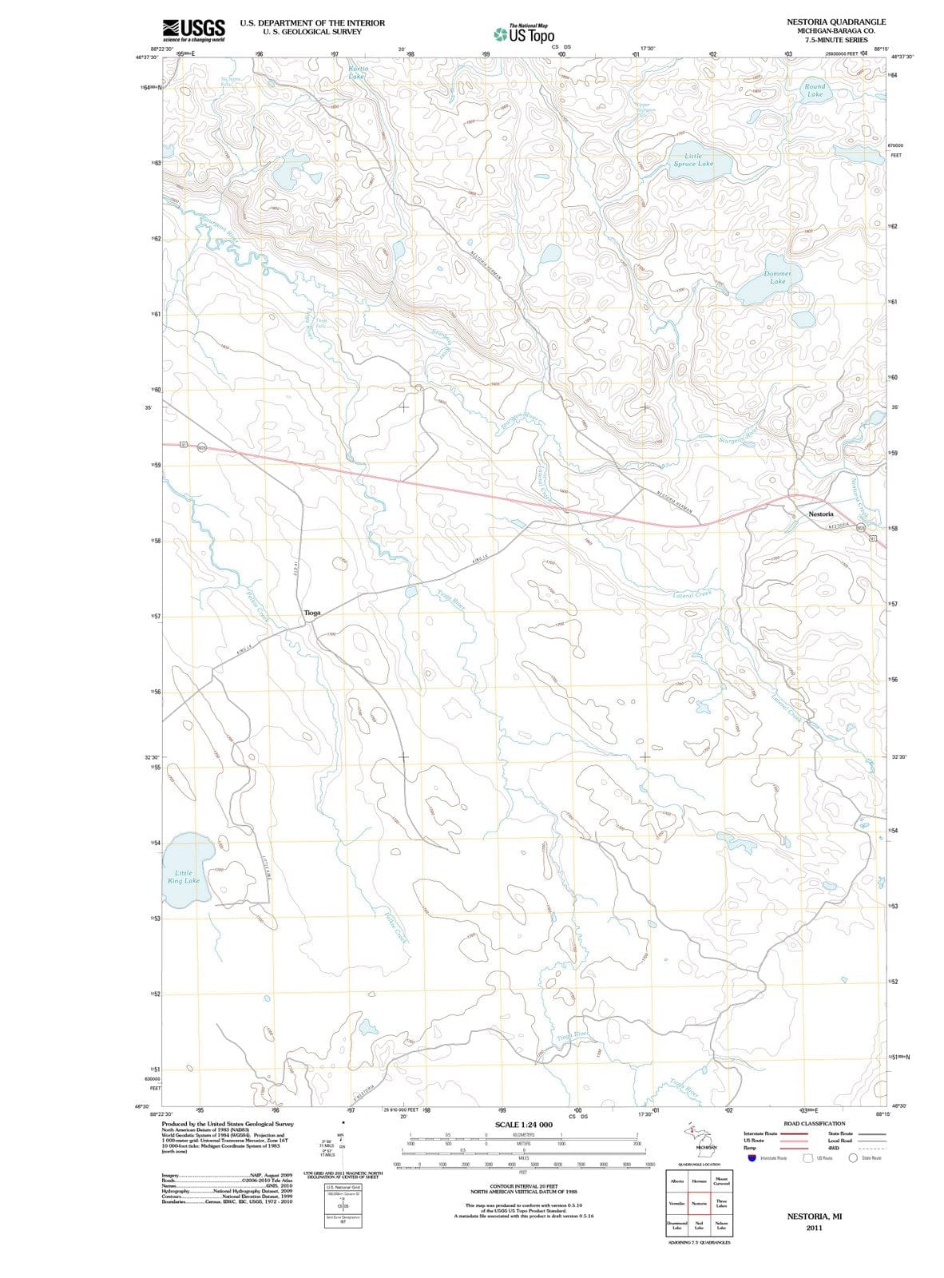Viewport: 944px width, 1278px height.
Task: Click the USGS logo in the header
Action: coord(192,30)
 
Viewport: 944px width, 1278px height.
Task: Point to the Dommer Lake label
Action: coord(776,277)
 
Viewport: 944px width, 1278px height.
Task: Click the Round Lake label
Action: coord(814,90)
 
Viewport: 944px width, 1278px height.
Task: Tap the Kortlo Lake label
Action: coord(358,73)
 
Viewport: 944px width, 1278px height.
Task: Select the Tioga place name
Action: coord(312,613)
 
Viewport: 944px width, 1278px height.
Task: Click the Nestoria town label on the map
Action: coord(820,514)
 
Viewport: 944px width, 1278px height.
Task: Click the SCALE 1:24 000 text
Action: coord(523,1125)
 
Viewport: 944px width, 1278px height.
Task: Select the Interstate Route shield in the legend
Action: coord(752,1158)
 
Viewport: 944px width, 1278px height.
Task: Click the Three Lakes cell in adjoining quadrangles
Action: coord(721,1204)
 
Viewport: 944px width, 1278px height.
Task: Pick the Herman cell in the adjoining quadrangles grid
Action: coord(699,1181)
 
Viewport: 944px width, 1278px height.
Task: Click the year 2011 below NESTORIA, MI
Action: coord(814,1228)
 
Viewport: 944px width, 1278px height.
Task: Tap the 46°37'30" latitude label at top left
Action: coord(148,57)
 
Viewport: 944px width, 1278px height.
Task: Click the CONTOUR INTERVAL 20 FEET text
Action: coord(523,1187)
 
